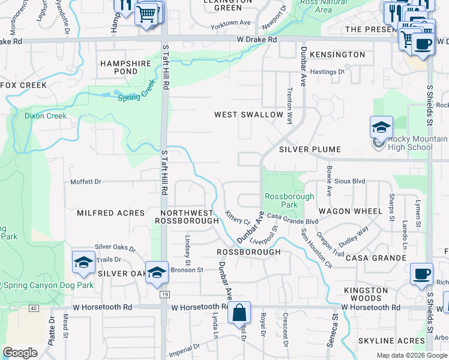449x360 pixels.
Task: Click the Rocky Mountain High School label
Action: click(410, 143)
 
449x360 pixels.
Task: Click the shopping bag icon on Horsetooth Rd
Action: click(239, 313)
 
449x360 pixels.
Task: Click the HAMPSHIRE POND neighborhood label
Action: click(119, 67)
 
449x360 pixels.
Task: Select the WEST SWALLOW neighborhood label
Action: click(249, 115)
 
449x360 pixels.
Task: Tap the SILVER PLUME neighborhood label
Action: click(310, 149)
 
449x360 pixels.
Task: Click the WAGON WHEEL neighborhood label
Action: click(351, 211)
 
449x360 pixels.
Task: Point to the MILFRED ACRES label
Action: click(111, 213)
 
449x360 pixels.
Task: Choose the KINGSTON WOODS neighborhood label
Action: click(366, 295)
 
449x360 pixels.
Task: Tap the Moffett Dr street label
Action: click(86, 181)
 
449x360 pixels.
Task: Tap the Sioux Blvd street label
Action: click(350, 181)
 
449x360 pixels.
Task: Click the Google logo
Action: click(20, 353)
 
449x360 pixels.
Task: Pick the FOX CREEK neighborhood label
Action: click(24, 85)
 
